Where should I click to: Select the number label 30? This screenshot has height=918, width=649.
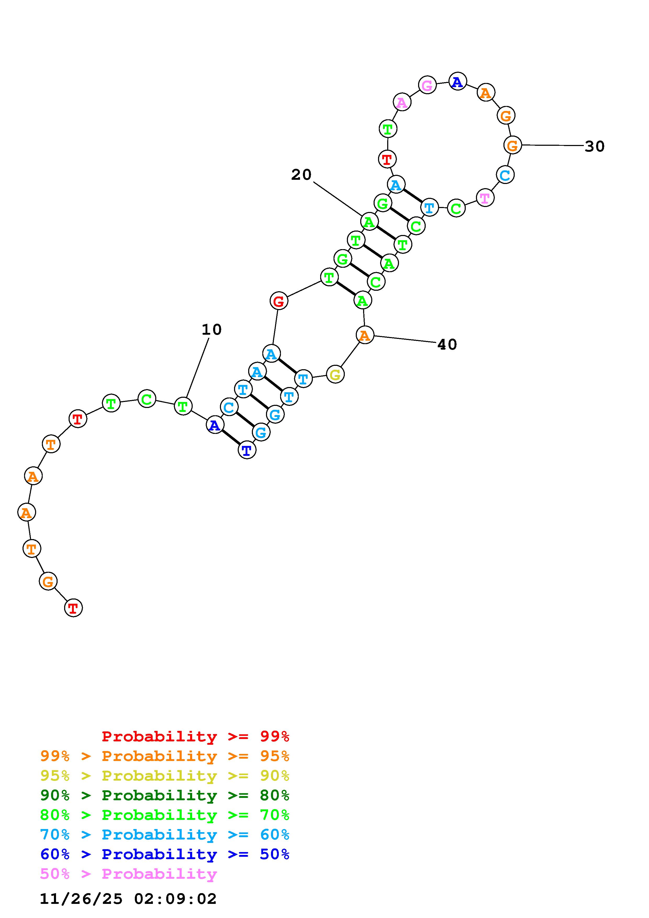pyautogui.click(x=594, y=147)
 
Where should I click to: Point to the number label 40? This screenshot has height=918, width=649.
pyautogui.click(x=447, y=345)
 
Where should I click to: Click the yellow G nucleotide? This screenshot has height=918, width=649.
pyautogui.click(x=335, y=375)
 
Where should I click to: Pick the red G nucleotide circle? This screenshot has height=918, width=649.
pyautogui.click(x=279, y=301)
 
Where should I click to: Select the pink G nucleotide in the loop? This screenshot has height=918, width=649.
pyautogui.click(x=427, y=85)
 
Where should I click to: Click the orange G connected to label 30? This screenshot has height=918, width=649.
pyautogui.click(x=513, y=145)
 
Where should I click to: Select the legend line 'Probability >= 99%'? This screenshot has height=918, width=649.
pyautogui.click(x=196, y=736)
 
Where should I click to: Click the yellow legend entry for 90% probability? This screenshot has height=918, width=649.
pyautogui.click(x=165, y=776)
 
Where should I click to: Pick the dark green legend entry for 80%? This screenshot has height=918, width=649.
pyautogui.click(x=165, y=795)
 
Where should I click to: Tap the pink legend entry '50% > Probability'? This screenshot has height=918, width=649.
pyautogui.click(x=128, y=874)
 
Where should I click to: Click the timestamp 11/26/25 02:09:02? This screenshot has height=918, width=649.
pyautogui.click(x=128, y=899)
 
